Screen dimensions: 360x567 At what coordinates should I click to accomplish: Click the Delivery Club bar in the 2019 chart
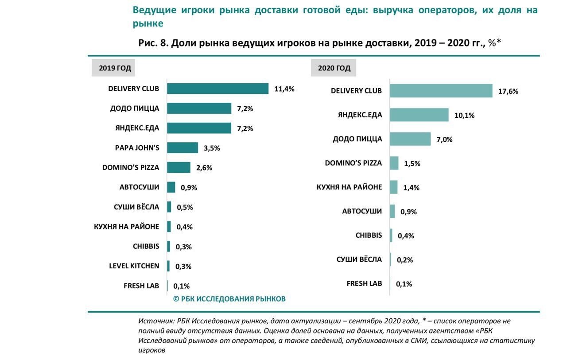click(x=217, y=89)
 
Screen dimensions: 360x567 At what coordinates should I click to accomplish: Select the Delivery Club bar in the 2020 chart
click(x=441, y=91)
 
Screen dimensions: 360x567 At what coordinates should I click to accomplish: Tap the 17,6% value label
click(x=508, y=92)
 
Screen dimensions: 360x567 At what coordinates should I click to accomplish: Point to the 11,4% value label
click(x=284, y=89)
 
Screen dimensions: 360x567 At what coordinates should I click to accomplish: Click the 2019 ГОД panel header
click(x=115, y=68)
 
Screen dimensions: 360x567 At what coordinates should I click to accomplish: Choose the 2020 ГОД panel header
click(x=334, y=68)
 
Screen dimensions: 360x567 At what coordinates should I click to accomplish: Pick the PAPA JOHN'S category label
click(x=137, y=148)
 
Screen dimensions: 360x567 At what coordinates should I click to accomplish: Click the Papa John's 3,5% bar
click(x=183, y=148)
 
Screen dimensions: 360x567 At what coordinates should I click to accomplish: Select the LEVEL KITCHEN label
click(x=134, y=266)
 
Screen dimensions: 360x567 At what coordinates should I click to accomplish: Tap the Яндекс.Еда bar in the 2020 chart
click(x=419, y=115)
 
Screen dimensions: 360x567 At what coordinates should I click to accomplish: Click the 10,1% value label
click(x=464, y=116)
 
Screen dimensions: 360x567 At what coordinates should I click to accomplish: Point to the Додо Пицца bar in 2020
click(x=410, y=139)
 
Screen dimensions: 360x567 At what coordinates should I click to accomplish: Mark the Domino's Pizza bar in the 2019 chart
click(x=179, y=167)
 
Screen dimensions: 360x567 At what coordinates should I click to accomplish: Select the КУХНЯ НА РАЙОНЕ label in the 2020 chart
click(x=349, y=187)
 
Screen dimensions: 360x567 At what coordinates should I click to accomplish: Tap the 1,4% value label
click(x=411, y=188)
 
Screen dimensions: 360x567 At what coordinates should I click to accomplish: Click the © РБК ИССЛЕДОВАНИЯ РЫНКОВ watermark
click(x=229, y=299)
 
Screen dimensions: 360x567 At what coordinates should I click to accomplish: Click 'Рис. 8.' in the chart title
click(x=153, y=43)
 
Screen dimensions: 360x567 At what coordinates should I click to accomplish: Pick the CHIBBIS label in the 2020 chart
click(x=369, y=235)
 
